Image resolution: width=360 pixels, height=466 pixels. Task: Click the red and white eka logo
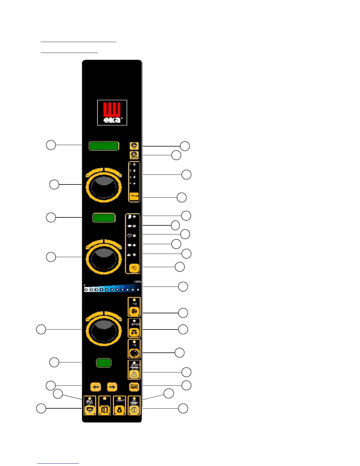point(112,113)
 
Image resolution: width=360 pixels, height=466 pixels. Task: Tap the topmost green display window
point(104,146)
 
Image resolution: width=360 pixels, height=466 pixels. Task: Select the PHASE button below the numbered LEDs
point(134,196)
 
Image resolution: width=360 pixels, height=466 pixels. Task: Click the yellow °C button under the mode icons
point(134,268)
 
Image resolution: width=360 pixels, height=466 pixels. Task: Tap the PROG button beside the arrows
point(134,387)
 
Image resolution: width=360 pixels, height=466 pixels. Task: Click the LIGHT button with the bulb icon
point(119,406)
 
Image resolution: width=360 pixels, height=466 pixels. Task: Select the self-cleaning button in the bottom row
point(90,406)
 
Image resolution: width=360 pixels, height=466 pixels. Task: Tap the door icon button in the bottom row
point(105,406)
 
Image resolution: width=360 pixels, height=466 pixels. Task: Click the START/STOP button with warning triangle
point(134,370)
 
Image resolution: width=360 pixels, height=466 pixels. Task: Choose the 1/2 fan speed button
point(134,307)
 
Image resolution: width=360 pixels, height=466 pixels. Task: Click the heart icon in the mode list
point(129,236)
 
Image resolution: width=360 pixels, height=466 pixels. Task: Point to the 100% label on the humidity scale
point(137,282)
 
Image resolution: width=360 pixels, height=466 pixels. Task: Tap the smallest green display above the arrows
point(104,363)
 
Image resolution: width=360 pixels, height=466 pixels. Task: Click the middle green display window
point(104,218)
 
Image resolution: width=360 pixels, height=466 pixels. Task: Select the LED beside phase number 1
point(134,164)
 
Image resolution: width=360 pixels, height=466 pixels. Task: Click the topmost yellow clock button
point(134,146)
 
